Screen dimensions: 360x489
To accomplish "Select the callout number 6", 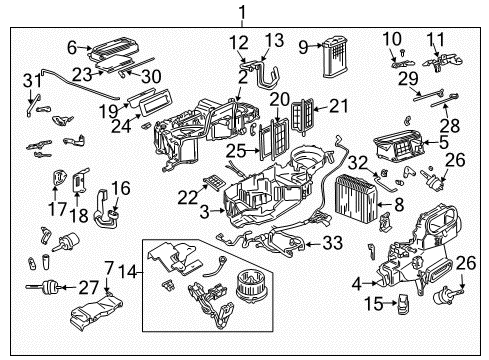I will [72, 46].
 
